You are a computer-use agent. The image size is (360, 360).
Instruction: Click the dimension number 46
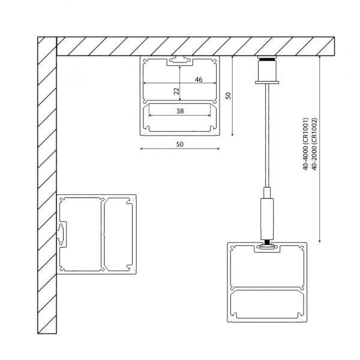click(198, 79)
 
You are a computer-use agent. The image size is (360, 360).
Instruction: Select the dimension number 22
click(176, 91)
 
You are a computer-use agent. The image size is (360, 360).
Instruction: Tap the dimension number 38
click(180, 112)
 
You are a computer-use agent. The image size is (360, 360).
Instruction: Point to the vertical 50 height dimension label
click(228, 95)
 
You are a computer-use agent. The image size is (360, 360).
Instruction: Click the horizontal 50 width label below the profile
click(180, 145)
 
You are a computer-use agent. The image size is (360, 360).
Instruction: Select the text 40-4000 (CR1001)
click(305, 144)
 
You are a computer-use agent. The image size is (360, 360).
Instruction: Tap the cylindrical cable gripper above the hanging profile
click(266, 216)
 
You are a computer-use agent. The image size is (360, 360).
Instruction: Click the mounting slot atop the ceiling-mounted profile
click(180, 60)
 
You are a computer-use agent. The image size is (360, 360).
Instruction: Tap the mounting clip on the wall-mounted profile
click(61, 235)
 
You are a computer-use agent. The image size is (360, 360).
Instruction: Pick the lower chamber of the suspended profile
click(266, 305)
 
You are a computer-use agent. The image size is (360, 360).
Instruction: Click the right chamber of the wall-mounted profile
click(119, 233)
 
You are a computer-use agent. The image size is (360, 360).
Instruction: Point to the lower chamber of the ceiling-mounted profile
click(180, 118)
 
